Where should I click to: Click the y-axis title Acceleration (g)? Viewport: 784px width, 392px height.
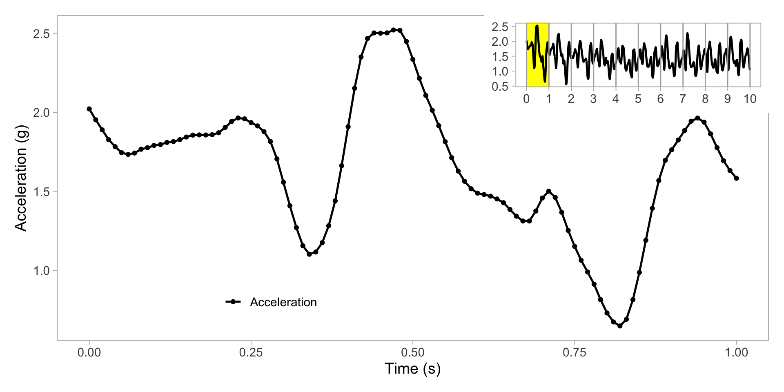(x=20, y=178)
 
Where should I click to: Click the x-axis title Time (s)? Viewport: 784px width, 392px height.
(x=412, y=368)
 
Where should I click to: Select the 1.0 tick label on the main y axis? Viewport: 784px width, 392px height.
(x=41, y=270)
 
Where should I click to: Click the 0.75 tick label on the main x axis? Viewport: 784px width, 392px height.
(x=575, y=352)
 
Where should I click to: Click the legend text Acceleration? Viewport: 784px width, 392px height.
(x=283, y=302)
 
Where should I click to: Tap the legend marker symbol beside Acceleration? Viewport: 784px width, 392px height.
(x=233, y=302)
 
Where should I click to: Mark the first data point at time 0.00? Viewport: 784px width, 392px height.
(x=89, y=109)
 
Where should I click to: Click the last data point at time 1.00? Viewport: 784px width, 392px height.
(x=736, y=178)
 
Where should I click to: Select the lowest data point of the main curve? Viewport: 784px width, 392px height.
(x=620, y=326)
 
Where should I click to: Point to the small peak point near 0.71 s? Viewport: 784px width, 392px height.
(x=549, y=191)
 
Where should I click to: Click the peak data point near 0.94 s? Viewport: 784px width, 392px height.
(x=697, y=118)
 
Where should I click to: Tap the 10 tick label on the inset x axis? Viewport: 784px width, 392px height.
(x=750, y=99)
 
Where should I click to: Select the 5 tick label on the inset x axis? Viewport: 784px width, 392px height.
(x=638, y=99)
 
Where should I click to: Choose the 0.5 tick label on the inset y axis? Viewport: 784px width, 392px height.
(x=500, y=86)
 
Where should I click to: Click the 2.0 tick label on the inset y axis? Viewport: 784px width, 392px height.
(x=500, y=42)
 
